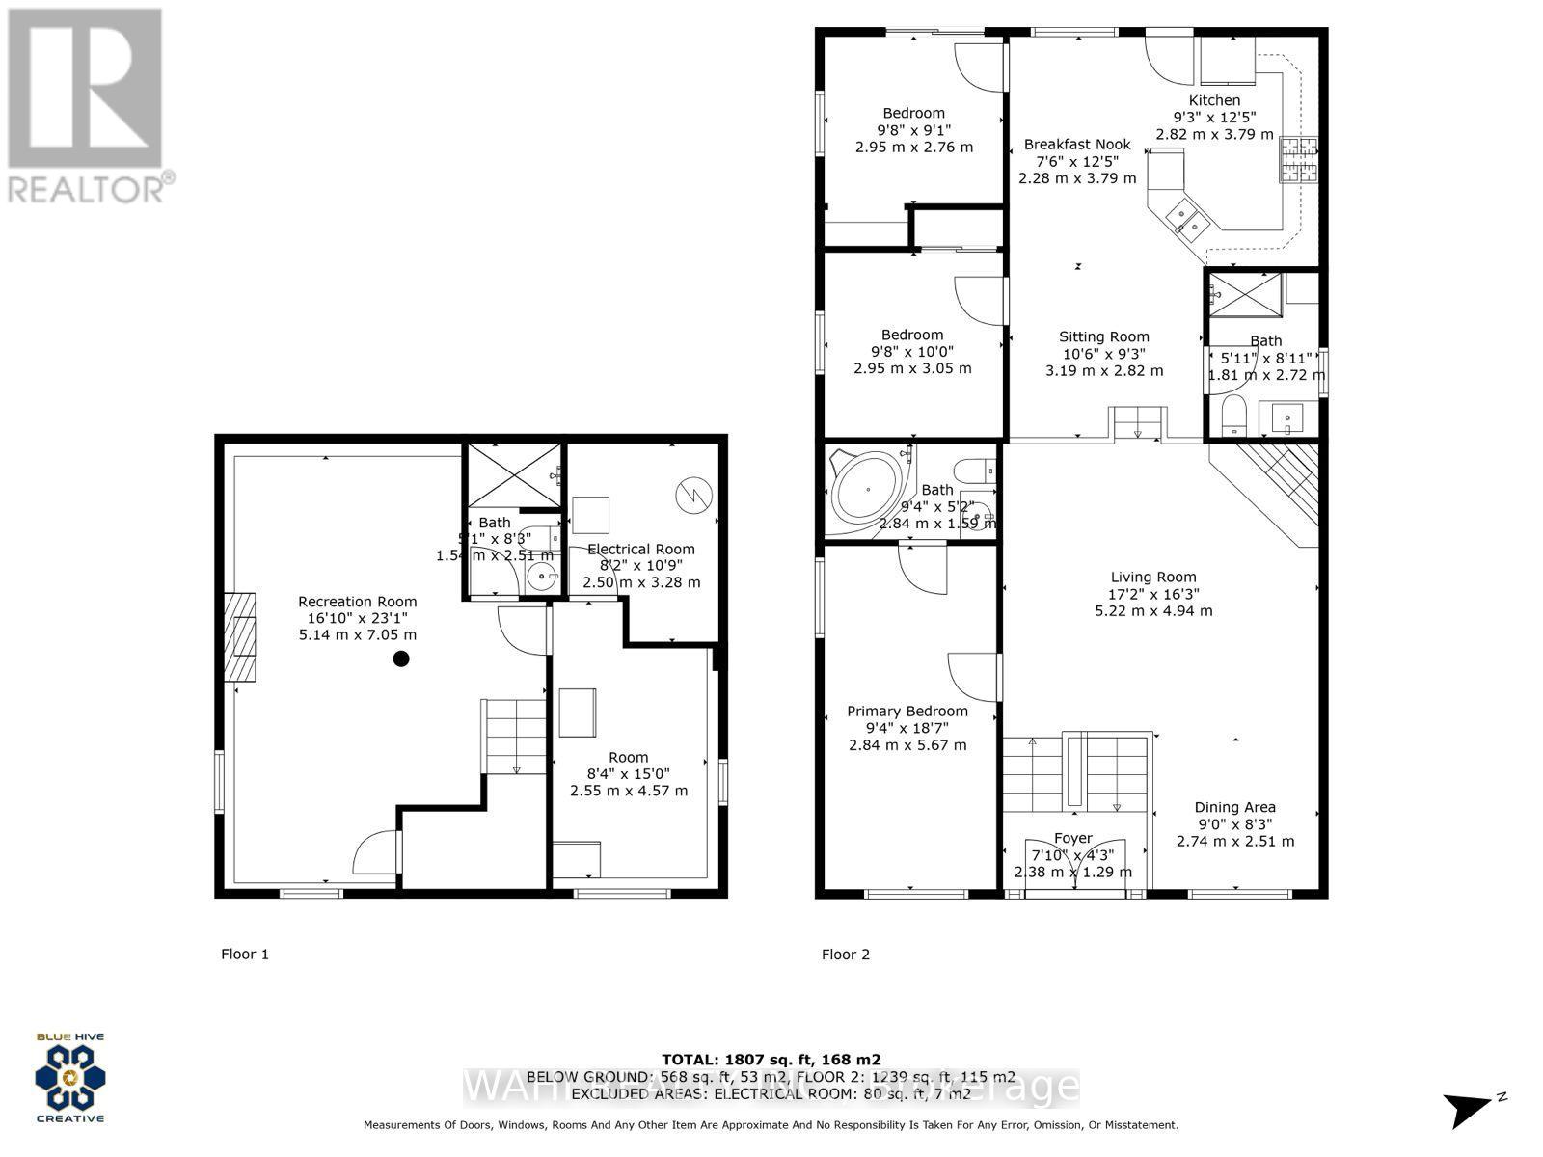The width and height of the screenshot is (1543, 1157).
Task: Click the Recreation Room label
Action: click(357, 601)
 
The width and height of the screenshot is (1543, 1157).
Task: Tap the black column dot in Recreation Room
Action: click(401, 659)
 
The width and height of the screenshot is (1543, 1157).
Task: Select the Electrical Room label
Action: click(640, 549)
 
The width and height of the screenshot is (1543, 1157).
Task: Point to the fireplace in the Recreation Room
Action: click(241, 637)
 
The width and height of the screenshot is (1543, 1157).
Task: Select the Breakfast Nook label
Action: click(1077, 145)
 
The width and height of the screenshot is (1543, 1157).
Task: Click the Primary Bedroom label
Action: click(907, 711)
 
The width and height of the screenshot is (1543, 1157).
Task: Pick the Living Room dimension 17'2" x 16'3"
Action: click(1153, 594)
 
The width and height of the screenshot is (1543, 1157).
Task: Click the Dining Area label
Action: click(1234, 807)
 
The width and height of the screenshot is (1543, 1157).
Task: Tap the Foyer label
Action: click(1072, 838)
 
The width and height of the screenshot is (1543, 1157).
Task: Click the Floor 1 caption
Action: click(245, 954)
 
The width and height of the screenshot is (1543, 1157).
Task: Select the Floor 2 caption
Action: click(846, 954)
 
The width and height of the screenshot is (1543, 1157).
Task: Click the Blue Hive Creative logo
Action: click(70, 1077)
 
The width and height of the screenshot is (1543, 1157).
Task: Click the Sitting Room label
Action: click(1103, 336)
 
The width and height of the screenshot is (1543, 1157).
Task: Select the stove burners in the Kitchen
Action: click(1298, 160)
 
